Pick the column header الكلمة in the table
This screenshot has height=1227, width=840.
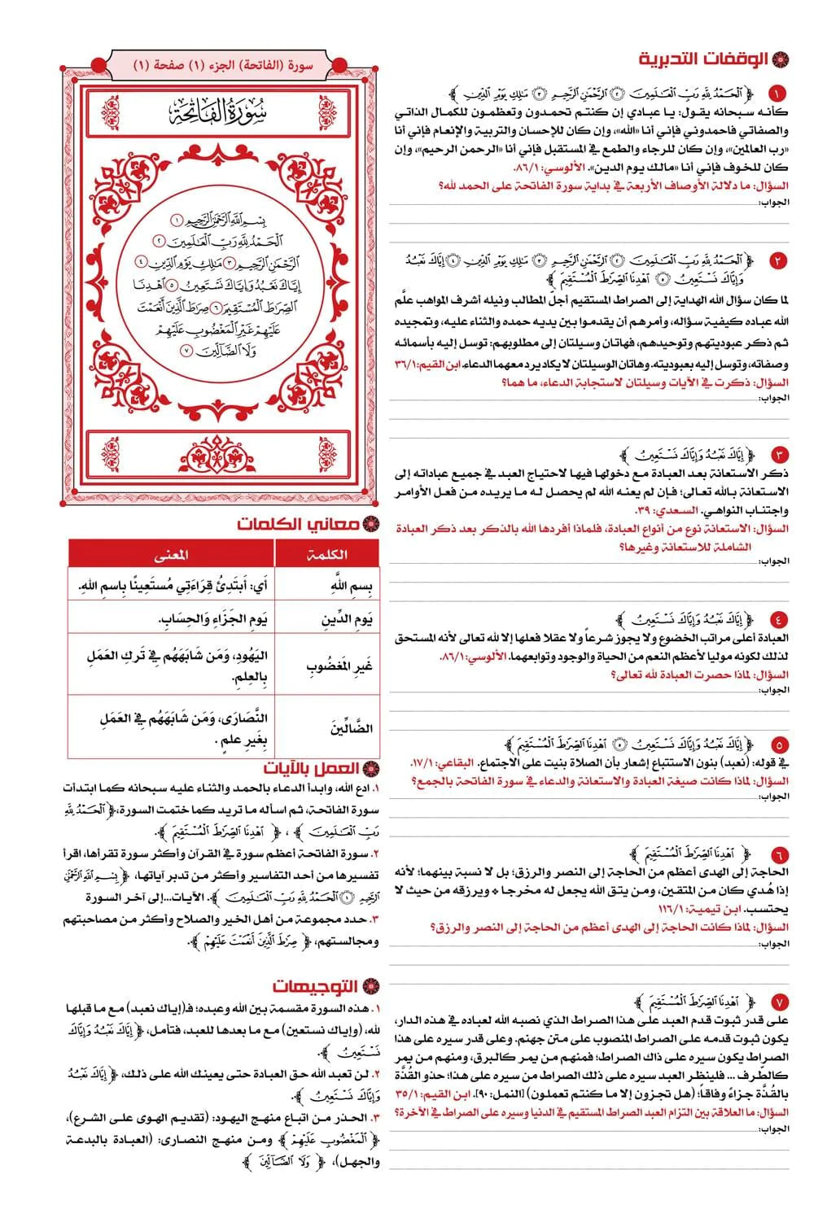coord(327,554)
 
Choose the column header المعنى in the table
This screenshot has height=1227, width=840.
coord(171,554)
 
